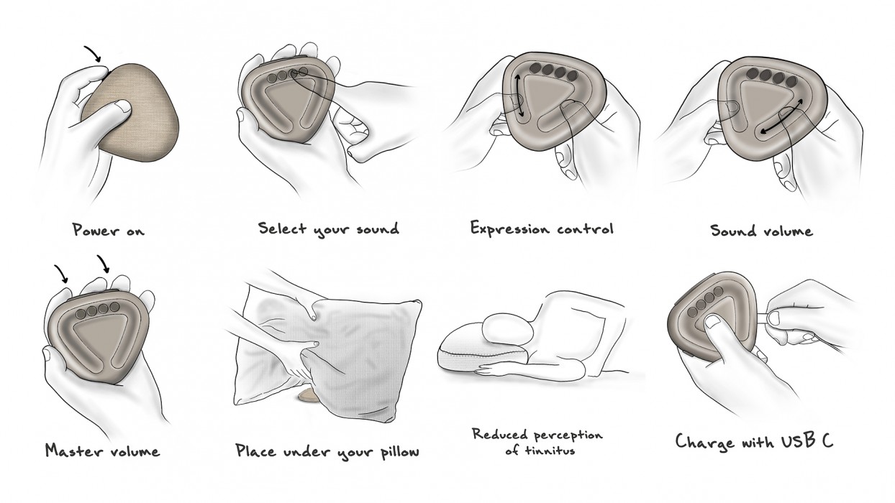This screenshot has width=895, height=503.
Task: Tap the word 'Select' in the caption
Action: tap(283, 228)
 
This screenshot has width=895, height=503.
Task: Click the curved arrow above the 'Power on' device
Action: tap(93, 52)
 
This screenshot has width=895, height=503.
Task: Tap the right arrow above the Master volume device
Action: tap(104, 264)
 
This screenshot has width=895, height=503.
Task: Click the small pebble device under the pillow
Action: tap(307, 396)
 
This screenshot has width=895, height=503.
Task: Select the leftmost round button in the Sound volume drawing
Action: tap(753, 73)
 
